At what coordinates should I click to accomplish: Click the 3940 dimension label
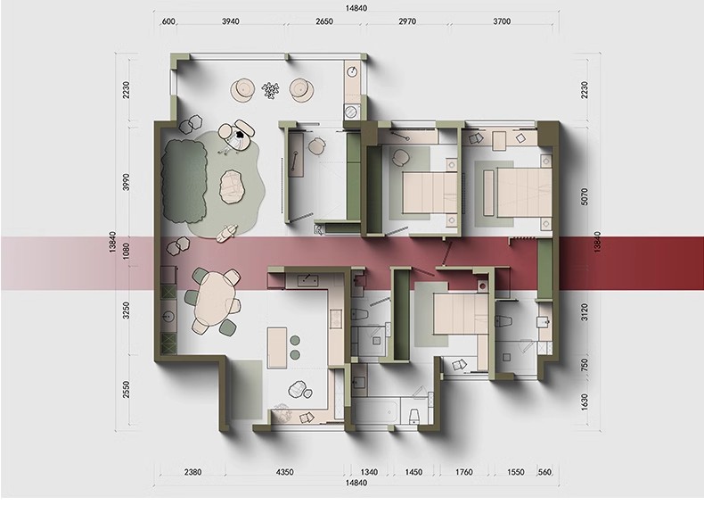[x=230, y=21]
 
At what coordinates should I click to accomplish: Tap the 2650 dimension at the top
[x=324, y=21]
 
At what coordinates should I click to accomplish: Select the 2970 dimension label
[x=407, y=21]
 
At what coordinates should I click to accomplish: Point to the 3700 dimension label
[x=502, y=21]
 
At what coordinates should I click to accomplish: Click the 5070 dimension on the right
[x=584, y=196]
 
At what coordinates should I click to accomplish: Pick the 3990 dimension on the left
[x=127, y=182]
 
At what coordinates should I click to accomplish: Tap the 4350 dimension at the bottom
[x=284, y=472]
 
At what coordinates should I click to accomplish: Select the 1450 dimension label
[x=413, y=472]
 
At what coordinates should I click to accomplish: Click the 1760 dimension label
[x=463, y=472]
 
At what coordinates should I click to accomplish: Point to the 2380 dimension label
[x=192, y=472]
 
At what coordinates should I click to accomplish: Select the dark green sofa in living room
[x=184, y=180]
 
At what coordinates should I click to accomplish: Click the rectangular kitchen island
[x=277, y=348]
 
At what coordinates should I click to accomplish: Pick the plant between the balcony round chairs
[x=270, y=90]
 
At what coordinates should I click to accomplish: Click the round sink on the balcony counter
[x=353, y=71]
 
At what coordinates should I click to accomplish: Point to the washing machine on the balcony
[x=351, y=111]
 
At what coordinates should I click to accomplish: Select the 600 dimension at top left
[x=168, y=21]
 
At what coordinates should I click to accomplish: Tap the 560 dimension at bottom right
[x=544, y=472]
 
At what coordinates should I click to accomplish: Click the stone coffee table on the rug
[x=232, y=186]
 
